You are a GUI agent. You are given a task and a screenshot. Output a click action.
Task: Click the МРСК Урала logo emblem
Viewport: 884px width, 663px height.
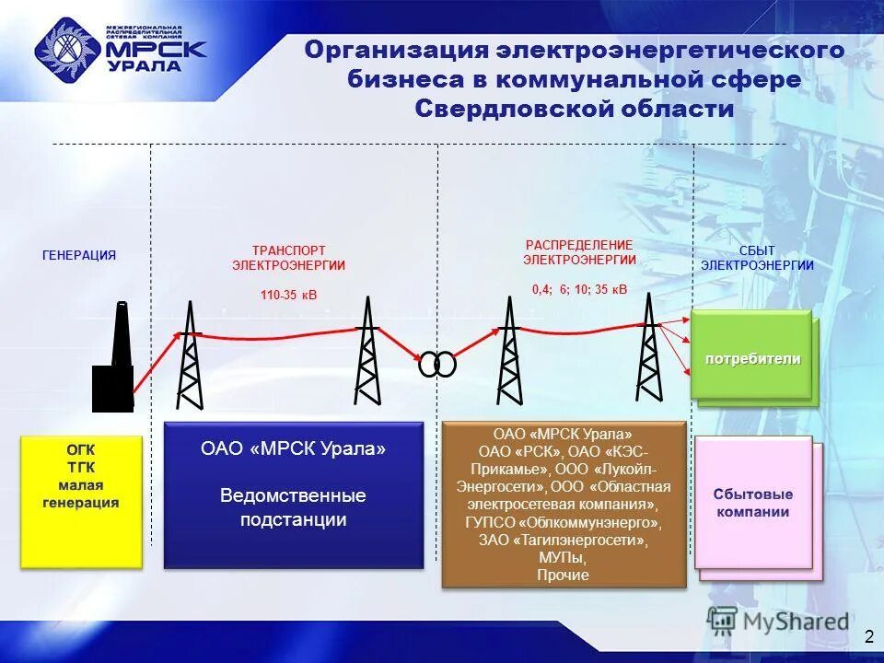pyautogui.click(x=68, y=50)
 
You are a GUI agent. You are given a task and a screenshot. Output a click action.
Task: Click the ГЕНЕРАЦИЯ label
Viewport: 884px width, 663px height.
pyautogui.click(x=79, y=256)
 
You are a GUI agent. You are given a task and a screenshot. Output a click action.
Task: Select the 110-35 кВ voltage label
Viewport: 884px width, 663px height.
pyautogui.click(x=288, y=296)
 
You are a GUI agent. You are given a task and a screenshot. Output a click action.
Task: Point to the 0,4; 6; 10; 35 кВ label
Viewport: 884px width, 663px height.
pyautogui.click(x=579, y=289)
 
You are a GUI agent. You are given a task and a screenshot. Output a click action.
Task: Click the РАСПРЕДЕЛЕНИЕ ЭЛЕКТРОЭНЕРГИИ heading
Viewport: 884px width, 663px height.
pyautogui.click(x=579, y=252)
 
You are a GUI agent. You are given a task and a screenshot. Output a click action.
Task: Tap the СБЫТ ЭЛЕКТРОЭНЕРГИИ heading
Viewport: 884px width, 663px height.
pyautogui.click(x=757, y=258)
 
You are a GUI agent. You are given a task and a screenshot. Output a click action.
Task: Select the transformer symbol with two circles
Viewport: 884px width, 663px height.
pyautogui.click(x=436, y=365)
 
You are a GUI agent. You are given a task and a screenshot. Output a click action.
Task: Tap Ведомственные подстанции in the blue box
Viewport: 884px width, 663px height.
pyautogui.click(x=293, y=507)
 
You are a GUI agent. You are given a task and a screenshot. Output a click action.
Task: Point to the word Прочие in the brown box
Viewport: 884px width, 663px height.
pyautogui.click(x=563, y=576)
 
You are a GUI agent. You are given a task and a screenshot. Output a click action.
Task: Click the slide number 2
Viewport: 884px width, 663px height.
pyautogui.click(x=867, y=636)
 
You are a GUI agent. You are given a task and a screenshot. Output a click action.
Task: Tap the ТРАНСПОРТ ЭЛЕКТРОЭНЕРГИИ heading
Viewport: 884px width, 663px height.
pyautogui.click(x=288, y=257)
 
